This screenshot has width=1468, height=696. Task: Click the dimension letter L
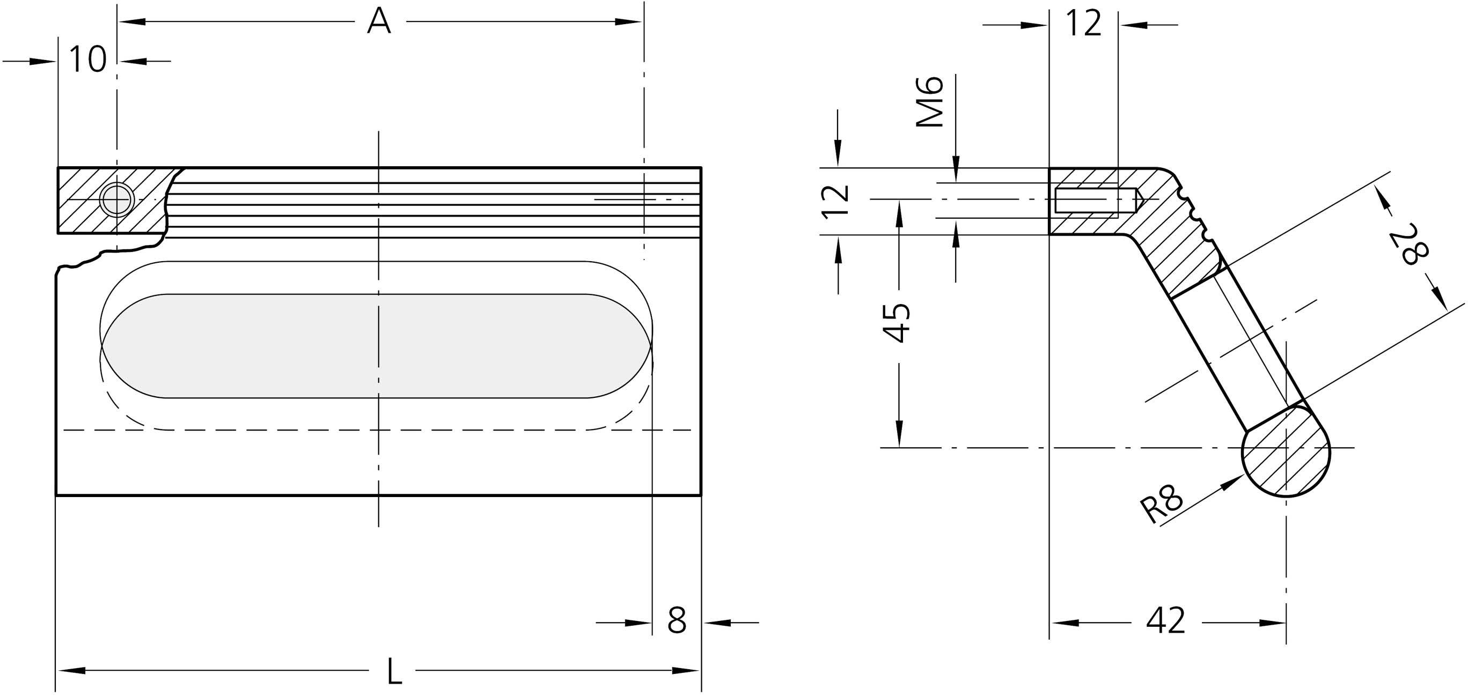tap(394, 671)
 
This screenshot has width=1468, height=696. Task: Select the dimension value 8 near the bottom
tap(677, 621)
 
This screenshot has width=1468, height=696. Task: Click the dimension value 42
tap(1165, 621)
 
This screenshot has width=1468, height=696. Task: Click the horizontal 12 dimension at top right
tap(1083, 25)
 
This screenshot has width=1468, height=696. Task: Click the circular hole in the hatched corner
tap(117, 200)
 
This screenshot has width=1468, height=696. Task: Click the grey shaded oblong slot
tap(376, 346)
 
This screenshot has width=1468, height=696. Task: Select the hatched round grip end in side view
tap(1286, 450)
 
